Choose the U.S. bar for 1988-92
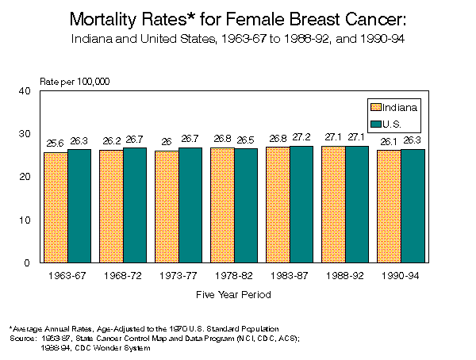(x=357, y=204)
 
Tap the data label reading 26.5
(x=246, y=140)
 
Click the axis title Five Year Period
(x=234, y=294)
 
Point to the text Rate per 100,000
(x=75, y=82)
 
